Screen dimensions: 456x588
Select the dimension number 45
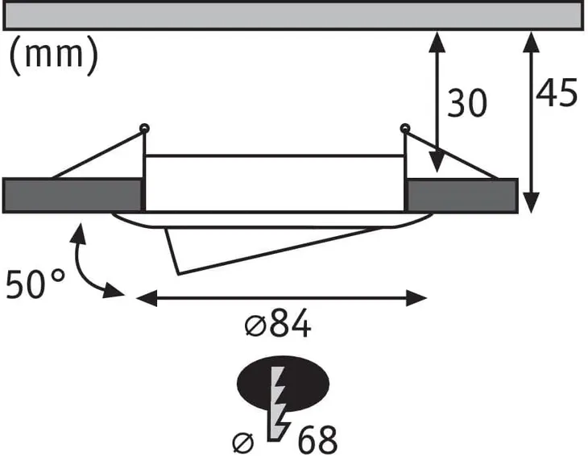point(557,93)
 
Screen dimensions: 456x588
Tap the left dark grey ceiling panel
point(72,196)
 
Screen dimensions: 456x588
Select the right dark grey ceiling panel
point(462,195)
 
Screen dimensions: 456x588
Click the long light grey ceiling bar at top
point(295,15)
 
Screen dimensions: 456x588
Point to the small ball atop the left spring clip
point(144,128)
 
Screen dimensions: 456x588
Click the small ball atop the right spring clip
point(404,128)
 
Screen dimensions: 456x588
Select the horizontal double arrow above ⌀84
point(282,299)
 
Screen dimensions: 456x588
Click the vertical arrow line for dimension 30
point(436,101)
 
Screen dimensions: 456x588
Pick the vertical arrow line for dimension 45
point(531,121)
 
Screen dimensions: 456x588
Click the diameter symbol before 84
point(252,327)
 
